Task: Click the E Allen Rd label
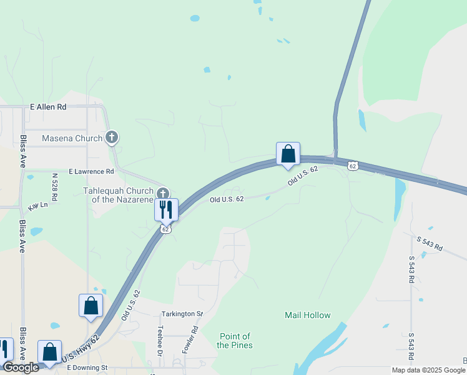48,107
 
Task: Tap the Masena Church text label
72,138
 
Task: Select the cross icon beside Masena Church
112,136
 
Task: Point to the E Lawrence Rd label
91,171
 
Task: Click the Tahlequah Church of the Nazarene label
119,195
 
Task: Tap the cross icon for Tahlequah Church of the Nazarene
163,193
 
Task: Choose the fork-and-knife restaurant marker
166,209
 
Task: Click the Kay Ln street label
38,206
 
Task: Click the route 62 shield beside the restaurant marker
165,229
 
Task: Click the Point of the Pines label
235,341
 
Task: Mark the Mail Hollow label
308,316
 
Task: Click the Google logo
20,367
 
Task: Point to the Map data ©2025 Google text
428,370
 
